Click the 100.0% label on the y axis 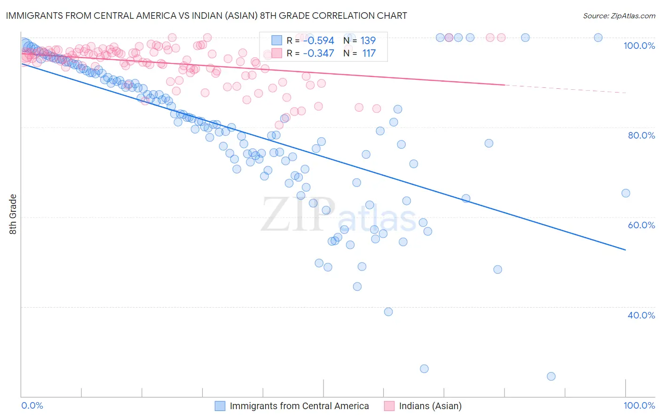tap(639, 46)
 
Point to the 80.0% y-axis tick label tap(641, 135)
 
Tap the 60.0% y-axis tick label tap(641, 225)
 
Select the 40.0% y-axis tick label tap(641, 315)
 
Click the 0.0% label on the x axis tap(32, 405)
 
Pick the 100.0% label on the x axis tap(639, 405)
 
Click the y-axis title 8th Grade tap(13, 214)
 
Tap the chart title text tap(206, 16)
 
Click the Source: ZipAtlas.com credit tap(619, 16)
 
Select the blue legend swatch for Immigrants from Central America tap(220, 406)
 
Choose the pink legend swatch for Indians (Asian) tap(389, 406)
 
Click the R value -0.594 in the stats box tap(318, 40)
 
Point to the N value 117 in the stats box tap(369, 54)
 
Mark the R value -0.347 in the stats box tap(318, 54)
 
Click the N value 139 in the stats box tap(368, 40)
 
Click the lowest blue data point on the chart tap(551, 376)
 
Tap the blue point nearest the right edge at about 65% tap(625, 193)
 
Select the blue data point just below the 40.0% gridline tap(388, 312)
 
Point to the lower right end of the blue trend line tap(625, 250)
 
